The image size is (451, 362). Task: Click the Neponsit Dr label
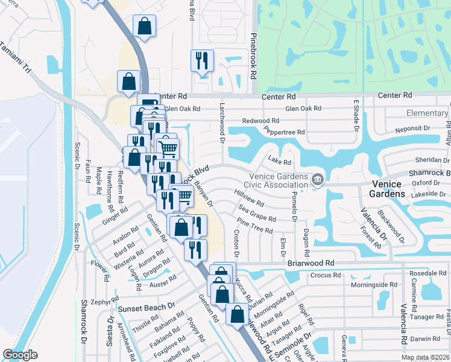412,129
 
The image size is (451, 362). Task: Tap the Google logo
20,355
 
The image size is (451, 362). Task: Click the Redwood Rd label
260,121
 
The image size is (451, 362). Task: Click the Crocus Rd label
326,275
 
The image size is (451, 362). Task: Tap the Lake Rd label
280,162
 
